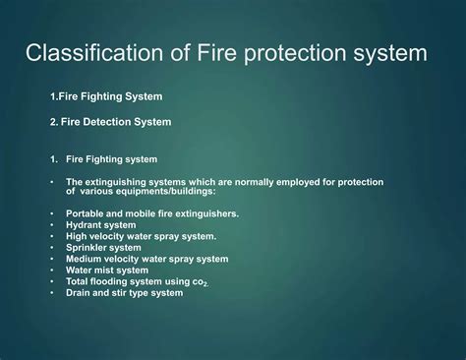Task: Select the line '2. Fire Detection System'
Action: pyautogui.click(x=110, y=122)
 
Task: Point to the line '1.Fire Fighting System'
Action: pyautogui.click(x=106, y=96)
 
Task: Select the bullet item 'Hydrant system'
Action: pyautogui.click(x=102, y=224)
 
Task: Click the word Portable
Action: pyautogui.click(x=86, y=213)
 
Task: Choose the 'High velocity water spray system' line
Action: pyautogui.click(x=141, y=236)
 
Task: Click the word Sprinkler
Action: pyautogui.click(x=88, y=248)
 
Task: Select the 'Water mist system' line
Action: pyautogui.click(x=107, y=270)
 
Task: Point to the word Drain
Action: pyautogui.click(x=80, y=293)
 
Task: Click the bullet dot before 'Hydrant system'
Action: pyautogui.click(x=52, y=225)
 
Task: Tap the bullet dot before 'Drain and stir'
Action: pyautogui.click(x=52, y=293)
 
